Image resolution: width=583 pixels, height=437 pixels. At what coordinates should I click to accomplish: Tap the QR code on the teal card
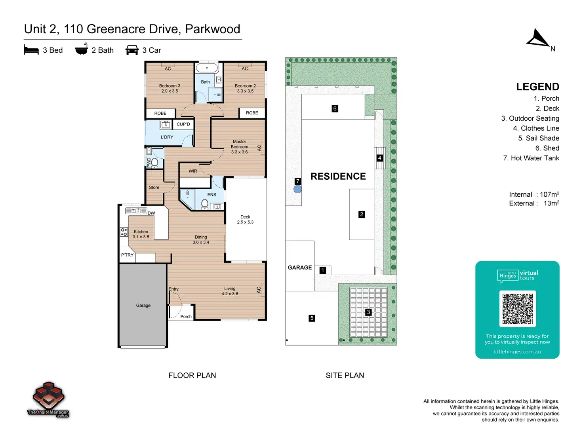tap(517, 308)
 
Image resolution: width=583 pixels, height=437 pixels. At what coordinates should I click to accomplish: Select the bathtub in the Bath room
tap(207, 68)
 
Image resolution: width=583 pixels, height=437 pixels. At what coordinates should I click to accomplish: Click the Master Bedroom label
tap(239, 147)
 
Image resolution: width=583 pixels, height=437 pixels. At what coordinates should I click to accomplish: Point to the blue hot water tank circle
tap(297, 189)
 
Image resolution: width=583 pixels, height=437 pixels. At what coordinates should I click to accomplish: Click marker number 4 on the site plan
tap(379, 158)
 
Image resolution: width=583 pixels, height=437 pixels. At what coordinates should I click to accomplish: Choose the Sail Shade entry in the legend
tap(538, 138)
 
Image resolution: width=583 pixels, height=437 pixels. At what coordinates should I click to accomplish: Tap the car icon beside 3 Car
tap(132, 49)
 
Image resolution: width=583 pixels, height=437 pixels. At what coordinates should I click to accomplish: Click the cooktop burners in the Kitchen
tap(124, 232)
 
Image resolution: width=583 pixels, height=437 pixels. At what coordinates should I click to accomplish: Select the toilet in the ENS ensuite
tap(204, 204)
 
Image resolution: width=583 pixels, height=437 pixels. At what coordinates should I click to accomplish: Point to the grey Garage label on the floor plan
tap(143, 305)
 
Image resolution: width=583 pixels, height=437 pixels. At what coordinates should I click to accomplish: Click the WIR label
tap(193, 171)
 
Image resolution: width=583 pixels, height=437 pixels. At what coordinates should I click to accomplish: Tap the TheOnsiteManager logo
tap(48, 400)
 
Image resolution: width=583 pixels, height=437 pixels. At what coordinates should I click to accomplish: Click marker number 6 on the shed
tap(335, 108)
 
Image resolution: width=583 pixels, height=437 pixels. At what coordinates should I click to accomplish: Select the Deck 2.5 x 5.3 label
tap(245, 219)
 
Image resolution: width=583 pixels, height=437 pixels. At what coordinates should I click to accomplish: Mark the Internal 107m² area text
tap(534, 194)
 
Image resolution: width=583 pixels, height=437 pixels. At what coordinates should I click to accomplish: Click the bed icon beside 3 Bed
tap(31, 50)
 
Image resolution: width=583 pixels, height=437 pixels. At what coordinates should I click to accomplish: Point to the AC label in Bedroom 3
tap(168, 69)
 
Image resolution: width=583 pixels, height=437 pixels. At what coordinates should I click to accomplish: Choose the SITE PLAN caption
tap(345, 375)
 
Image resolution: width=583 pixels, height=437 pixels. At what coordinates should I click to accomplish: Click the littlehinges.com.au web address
tap(517, 351)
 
